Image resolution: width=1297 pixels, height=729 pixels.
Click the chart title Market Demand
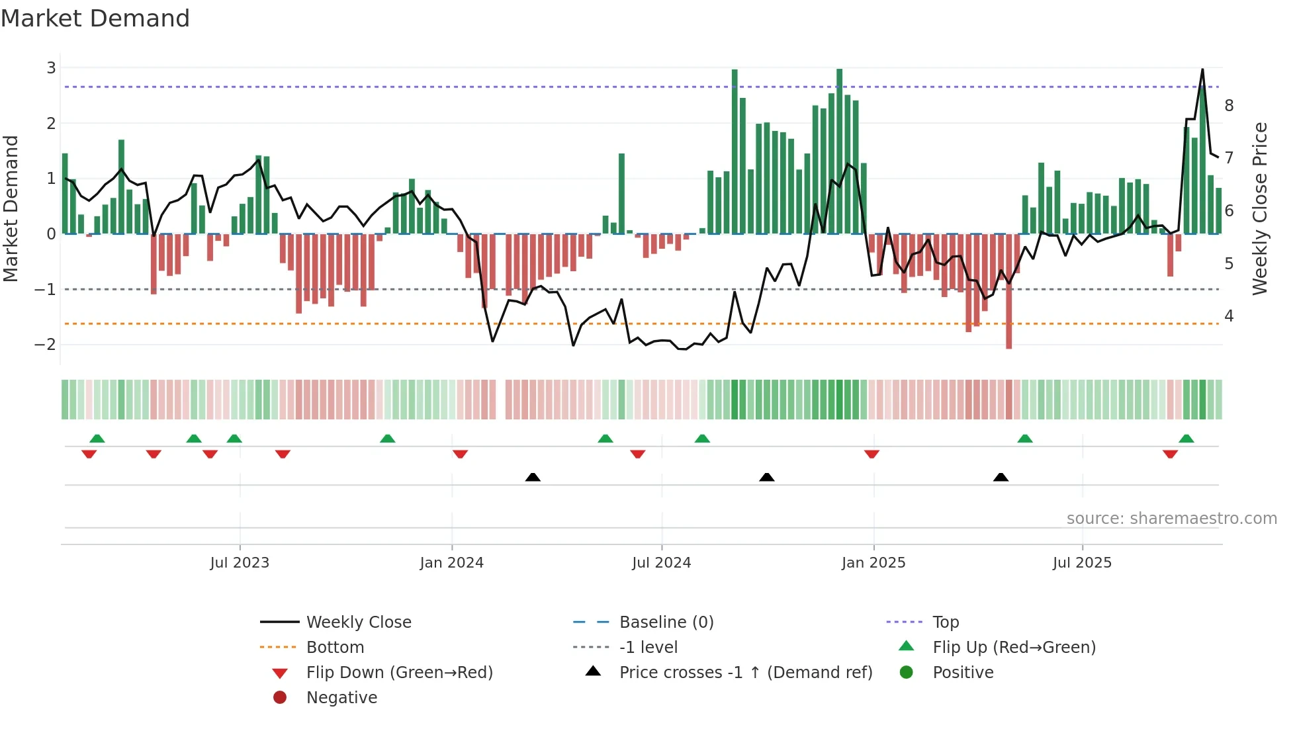(95, 19)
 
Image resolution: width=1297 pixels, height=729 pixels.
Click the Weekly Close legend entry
(358, 622)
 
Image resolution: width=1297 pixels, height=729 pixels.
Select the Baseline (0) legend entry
(666, 622)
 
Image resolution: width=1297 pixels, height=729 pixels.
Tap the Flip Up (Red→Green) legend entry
(1013, 648)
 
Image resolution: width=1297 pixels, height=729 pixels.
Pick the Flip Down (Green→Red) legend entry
(399, 673)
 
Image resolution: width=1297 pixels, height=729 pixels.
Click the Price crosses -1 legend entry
(745, 673)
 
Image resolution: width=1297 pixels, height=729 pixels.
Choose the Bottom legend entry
(335, 648)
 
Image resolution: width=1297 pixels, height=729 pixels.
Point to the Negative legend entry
(341, 698)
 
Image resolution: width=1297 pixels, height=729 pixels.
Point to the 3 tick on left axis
(51, 67)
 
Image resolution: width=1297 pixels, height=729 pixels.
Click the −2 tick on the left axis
(46, 345)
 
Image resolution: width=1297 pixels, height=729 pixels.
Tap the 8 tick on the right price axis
(1229, 105)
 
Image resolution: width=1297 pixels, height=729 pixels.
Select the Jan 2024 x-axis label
(451, 563)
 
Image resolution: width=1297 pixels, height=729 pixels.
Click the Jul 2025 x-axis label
(1082, 563)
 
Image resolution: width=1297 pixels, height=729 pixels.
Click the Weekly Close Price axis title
(1260, 208)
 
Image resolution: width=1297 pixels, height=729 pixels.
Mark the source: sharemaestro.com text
(1171, 519)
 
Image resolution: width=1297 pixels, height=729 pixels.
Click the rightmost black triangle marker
(1001, 477)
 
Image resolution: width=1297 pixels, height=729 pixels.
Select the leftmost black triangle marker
(533, 477)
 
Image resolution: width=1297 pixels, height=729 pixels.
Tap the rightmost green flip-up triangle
(1186, 439)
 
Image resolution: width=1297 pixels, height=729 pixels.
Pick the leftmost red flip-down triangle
(89, 454)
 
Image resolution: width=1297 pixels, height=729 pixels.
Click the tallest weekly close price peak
(1202, 69)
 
